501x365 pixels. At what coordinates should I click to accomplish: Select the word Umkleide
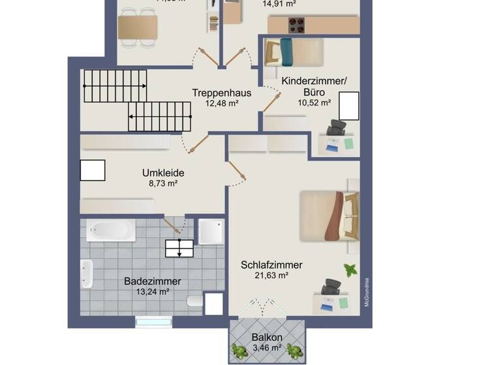point(163,173)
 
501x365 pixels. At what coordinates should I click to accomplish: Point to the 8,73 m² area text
point(163,183)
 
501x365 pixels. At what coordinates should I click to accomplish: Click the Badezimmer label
point(152,282)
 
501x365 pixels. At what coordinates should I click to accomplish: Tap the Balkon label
point(267,338)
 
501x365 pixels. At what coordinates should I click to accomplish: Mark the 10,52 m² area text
point(314,102)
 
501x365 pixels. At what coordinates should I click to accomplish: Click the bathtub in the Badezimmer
point(111,230)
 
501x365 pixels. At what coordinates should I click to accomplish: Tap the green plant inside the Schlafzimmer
point(350,269)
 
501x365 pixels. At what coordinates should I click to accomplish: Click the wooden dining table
point(138,27)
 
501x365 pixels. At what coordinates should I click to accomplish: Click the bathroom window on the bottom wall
point(153,321)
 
